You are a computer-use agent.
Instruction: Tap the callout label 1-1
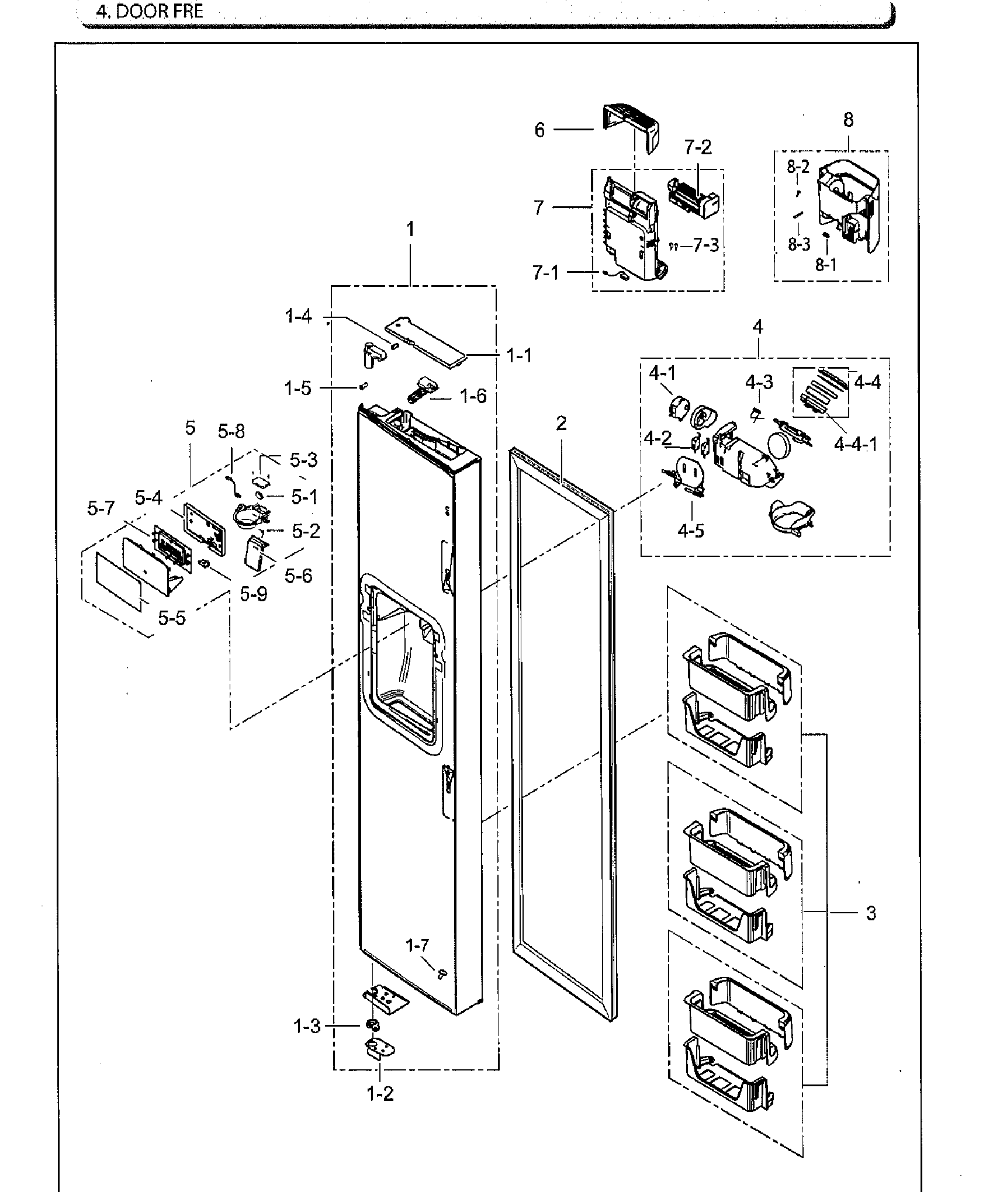coord(519,355)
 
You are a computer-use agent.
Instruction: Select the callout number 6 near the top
coord(539,130)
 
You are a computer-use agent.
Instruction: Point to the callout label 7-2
coord(698,147)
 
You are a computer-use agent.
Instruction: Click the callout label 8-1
coord(826,265)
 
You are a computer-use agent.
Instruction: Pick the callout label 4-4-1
coord(856,445)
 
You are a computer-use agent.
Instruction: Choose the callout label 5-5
coord(172,617)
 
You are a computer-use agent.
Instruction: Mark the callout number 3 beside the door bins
coord(871,913)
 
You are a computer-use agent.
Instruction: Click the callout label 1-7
coord(418,945)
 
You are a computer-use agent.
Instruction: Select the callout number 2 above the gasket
coord(561,423)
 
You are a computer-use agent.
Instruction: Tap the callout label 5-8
coord(231,432)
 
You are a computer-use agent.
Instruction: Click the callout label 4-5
coord(691,531)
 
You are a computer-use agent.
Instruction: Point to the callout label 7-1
coord(545,273)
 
